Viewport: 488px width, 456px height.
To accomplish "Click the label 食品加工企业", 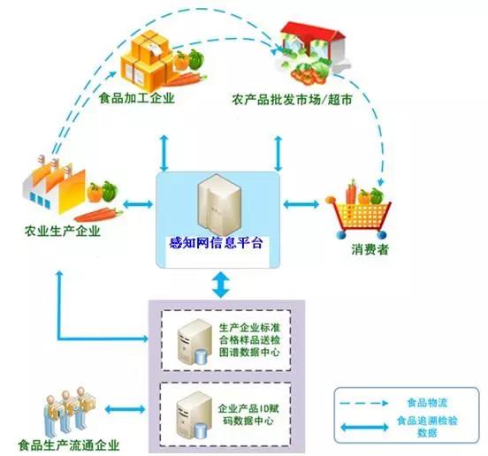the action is coord(137,98).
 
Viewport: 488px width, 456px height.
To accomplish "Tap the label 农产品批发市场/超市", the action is coord(292,100).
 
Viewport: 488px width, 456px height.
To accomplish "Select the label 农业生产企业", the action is coord(62,232).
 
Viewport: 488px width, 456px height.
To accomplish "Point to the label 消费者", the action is coord(370,249).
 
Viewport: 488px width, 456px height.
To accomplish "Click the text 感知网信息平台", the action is coord(216,243).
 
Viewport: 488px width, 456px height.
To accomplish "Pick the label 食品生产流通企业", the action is coord(69,445).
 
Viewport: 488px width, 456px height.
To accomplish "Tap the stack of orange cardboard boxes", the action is coord(147,60).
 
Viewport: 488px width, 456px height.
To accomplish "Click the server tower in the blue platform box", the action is coord(219,205).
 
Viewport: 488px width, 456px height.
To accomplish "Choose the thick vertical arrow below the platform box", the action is coord(221,285).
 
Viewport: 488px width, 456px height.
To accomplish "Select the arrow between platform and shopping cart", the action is coord(301,204).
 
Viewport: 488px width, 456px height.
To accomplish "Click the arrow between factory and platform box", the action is coord(138,204).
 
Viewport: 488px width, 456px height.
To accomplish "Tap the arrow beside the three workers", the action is coord(126,409).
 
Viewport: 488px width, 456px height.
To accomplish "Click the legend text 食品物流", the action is coord(427,403).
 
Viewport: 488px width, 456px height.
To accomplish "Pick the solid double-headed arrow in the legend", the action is coord(364,427).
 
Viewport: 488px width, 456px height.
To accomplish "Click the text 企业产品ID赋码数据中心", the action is coord(248,414).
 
